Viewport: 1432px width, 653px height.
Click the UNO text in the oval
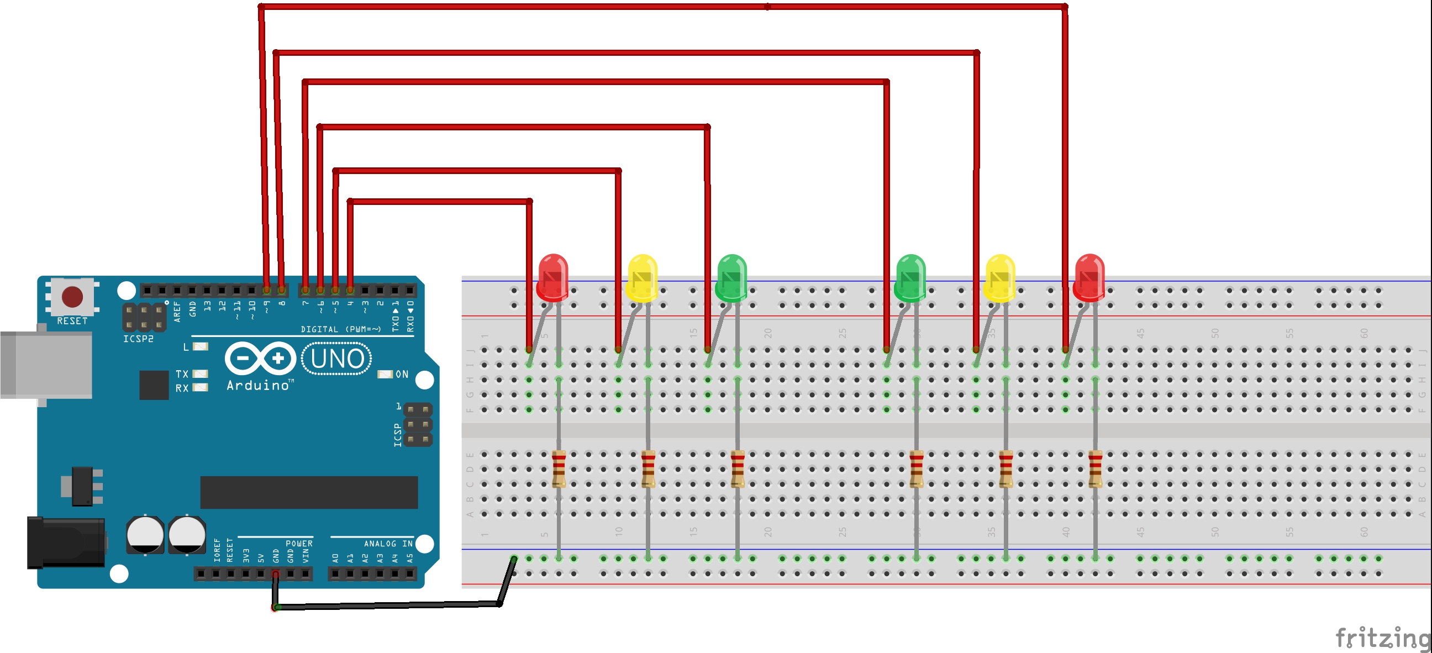pos(337,359)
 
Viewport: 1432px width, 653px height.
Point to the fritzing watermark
pos(1382,637)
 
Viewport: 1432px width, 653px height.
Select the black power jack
pos(66,543)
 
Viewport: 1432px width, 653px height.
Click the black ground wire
pos(389,605)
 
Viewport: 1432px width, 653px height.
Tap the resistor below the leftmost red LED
pos(559,468)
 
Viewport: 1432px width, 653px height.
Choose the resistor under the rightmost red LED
pos(1095,468)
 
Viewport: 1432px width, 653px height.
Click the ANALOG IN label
pos(388,544)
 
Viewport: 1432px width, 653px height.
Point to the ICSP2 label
pos(138,339)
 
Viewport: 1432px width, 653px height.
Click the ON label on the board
pos(402,374)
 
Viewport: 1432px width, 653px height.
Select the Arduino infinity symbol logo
pos(260,359)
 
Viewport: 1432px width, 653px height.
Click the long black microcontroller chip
pos(308,492)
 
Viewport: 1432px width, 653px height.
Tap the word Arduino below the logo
pos(259,385)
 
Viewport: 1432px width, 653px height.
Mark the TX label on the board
pos(182,374)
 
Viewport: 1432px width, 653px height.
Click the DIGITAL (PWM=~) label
pos(340,329)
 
